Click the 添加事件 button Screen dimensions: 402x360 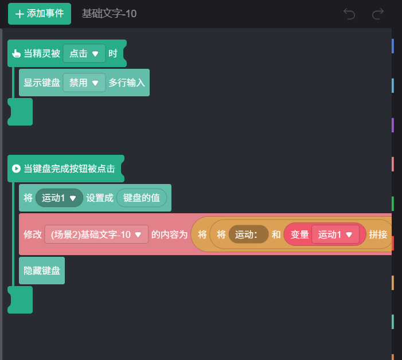coord(39,14)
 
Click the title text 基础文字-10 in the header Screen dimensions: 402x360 coord(109,14)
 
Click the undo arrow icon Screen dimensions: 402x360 coord(349,14)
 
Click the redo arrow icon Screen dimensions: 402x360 coord(377,14)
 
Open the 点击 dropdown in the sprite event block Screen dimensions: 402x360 coord(84,53)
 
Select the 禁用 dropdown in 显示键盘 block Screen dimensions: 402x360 coord(84,83)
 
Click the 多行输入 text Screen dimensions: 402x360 coord(127,83)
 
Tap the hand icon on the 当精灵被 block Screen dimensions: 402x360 coord(16,54)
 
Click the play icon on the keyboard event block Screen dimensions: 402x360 coord(16,169)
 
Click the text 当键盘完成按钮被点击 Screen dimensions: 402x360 coord(69,169)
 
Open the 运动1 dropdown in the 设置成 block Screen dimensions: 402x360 coord(59,198)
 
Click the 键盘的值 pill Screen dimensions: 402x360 coord(142,198)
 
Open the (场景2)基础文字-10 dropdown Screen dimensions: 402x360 coord(96,234)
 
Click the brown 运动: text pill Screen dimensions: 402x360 coord(248,234)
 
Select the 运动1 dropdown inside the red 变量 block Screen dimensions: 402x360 coord(335,234)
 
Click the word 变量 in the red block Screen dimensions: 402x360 coord(299,234)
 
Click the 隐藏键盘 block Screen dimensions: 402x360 coord(42,271)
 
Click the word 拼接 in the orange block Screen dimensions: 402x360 coord(378,234)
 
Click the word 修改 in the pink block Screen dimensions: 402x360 coord(33,234)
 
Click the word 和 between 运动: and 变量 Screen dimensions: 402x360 coord(276,234)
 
